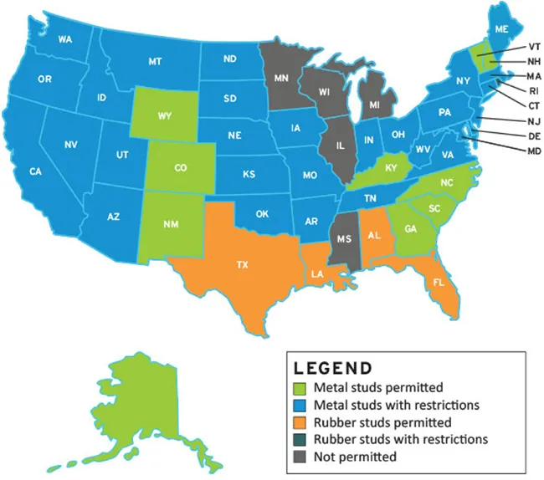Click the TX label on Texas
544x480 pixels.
pyautogui.click(x=242, y=265)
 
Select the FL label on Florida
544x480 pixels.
pyautogui.click(x=439, y=283)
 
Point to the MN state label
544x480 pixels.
pyautogui.click(x=281, y=79)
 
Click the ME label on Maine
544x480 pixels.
pyautogui.click(x=501, y=29)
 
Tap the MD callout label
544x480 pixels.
pyautogui.click(x=534, y=151)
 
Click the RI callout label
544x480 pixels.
pyautogui.click(x=534, y=90)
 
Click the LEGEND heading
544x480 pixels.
pyautogui.click(x=332, y=367)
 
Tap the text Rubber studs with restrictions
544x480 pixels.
pyautogui.click(x=401, y=440)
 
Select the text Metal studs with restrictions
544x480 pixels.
pyautogui.click(x=396, y=406)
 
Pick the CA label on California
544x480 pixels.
pyautogui.click(x=35, y=171)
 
